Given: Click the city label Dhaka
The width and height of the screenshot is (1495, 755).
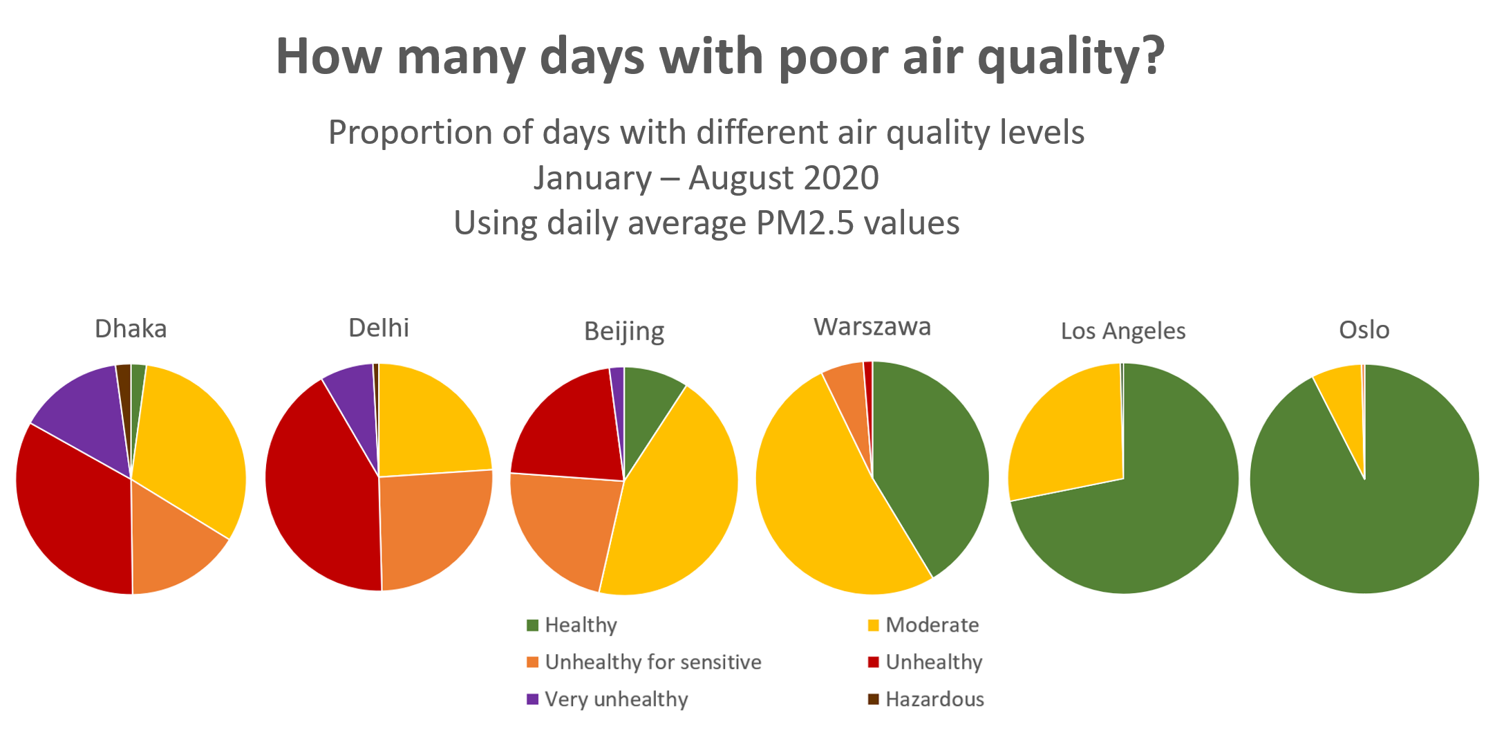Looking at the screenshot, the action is tap(131, 329).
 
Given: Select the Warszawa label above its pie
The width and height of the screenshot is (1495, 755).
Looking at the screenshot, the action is tap(872, 327).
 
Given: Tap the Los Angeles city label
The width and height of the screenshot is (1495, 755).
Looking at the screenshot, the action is tap(1123, 331).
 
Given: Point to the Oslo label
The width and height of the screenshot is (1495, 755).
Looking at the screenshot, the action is tap(1364, 330).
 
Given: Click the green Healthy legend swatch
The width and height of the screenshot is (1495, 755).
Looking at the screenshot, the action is tap(532, 625).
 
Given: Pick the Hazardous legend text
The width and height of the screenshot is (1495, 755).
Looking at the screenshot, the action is tap(934, 700).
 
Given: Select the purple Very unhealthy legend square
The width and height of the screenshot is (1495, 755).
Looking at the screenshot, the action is tap(532, 699).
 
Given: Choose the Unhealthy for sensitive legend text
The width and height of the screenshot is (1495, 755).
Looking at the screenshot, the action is tap(653, 662).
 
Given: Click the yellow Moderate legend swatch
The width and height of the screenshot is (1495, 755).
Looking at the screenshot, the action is tap(874, 625).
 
